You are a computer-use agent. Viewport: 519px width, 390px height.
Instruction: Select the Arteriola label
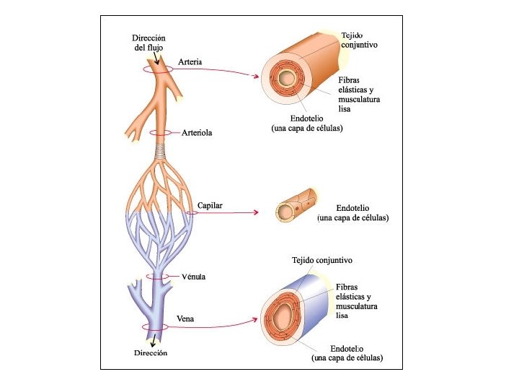pyautogui.click(x=197, y=133)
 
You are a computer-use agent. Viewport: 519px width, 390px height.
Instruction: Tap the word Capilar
pyautogui.click(x=210, y=206)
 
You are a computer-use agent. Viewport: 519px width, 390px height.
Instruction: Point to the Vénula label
pyautogui.click(x=194, y=277)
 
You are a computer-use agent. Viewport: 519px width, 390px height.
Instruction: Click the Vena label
pyautogui.click(x=185, y=318)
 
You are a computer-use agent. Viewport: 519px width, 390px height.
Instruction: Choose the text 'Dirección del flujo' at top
pyautogui.click(x=149, y=43)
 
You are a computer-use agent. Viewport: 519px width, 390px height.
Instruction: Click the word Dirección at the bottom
pyautogui.click(x=151, y=353)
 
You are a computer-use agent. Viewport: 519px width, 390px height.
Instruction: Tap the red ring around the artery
pyautogui.click(x=158, y=69)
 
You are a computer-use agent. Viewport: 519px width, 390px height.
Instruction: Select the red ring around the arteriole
pyautogui.click(x=160, y=133)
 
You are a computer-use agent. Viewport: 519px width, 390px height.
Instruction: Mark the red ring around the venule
pyautogui.click(x=159, y=277)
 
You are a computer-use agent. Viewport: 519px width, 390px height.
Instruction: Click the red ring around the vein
pyautogui.click(x=154, y=327)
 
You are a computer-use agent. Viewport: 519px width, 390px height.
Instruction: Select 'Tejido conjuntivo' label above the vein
pyautogui.click(x=321, y=259)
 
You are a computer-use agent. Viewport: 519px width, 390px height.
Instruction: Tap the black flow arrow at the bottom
pyautogui.click(x=153, y=340)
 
